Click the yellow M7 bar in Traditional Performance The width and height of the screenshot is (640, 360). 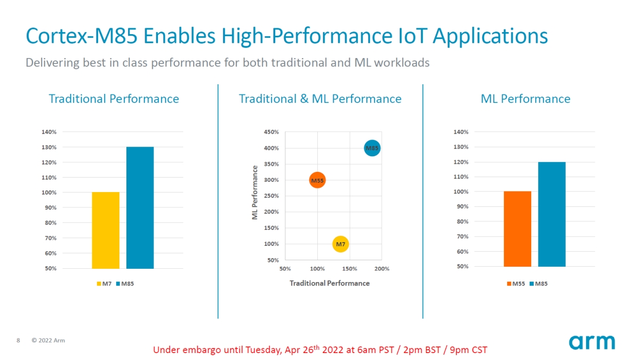[x=106, y=230]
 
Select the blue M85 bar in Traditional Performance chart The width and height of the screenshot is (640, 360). [x=140, y=207]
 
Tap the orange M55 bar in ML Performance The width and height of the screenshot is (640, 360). [x=517, y=229]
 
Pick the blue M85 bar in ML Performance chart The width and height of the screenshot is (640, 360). [x=551, y=214]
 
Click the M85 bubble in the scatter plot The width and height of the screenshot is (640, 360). [x=372, y=148]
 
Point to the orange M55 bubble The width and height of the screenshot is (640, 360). [x=317, y=181]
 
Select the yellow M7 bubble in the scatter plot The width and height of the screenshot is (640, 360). [x=340, y=244]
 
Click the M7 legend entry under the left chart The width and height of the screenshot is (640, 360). [x=104, y=284]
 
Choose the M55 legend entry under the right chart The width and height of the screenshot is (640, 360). [x=515, y=284]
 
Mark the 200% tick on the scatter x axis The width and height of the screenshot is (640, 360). [x=382, y=269]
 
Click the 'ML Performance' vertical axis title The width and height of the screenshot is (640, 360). [x=255, y=193]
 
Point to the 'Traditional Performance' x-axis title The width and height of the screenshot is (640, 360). [x=330, y=283]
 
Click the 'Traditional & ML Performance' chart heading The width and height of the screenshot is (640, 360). [x=320, y=99]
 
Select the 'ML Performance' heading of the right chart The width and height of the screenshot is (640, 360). [x=525, y=99]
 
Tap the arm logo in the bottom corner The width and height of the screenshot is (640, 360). [x=591, y=342]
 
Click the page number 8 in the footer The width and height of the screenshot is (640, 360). [x=19, y=340]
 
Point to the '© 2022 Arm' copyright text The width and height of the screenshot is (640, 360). [x=48, y=340]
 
